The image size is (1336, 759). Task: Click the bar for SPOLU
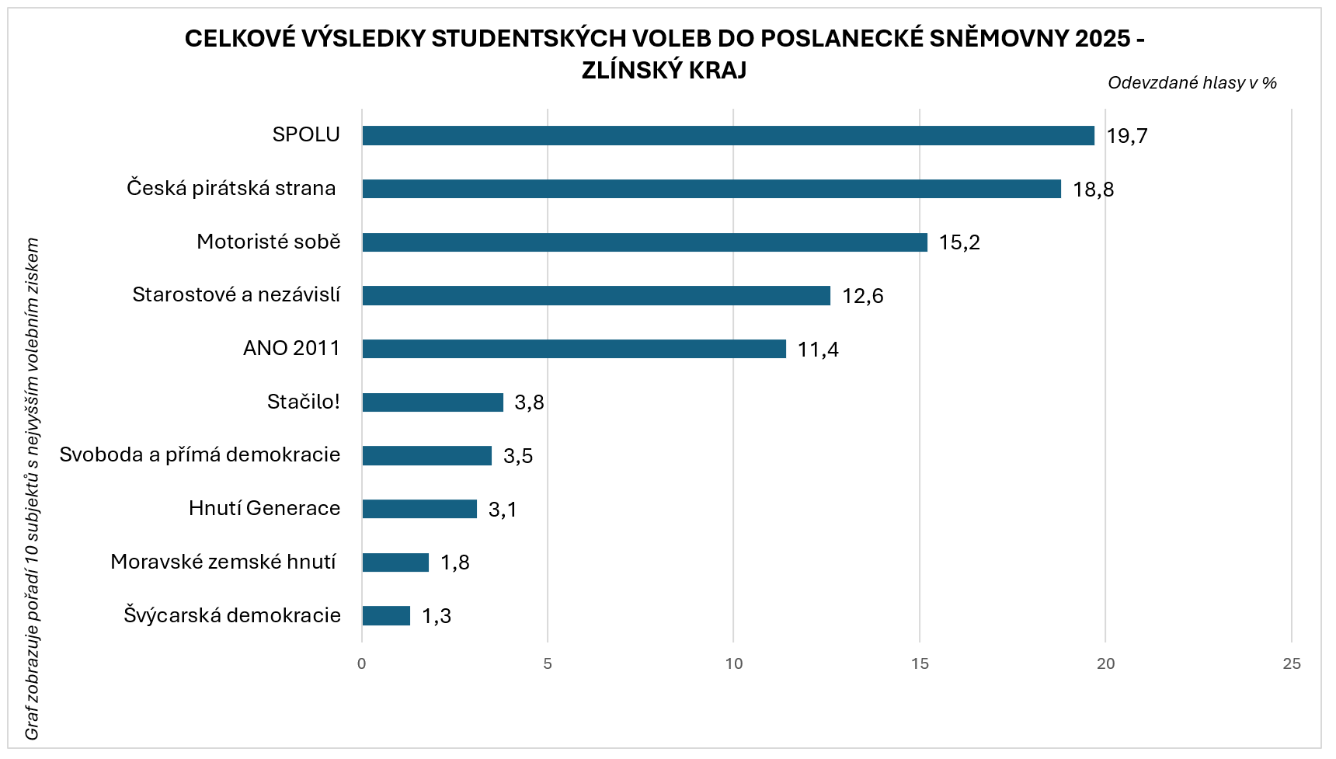pos(728,135)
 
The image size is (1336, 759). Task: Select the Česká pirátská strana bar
pos(711,189)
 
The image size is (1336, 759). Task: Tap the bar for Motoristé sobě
pos(645,242)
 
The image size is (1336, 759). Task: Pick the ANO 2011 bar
pos(574,349)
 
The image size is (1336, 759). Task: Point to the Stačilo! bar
pos(433,402)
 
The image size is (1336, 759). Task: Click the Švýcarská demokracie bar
pos(386,616)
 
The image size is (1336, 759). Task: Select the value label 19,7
pos(1126,136)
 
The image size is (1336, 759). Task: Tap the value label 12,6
pos(862,296)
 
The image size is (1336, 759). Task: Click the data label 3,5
pos(518,456)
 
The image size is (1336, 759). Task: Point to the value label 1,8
pos(454,562)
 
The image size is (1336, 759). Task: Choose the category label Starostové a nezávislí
pos(236,295)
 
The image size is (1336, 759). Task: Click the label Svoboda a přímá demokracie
pos(200,454)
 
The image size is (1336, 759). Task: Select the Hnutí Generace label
pos(264,508)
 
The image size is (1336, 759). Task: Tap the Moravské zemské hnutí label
pos(223,562)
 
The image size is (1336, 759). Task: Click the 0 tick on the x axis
pos(362,663)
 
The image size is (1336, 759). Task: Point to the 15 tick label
pos(920,663)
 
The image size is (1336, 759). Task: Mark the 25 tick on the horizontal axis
pos(1292,663)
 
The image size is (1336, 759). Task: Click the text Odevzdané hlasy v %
pos(1192,83)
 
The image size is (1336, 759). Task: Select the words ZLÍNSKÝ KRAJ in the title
pos(664,70)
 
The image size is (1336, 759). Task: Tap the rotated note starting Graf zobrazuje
pos(32,489)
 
